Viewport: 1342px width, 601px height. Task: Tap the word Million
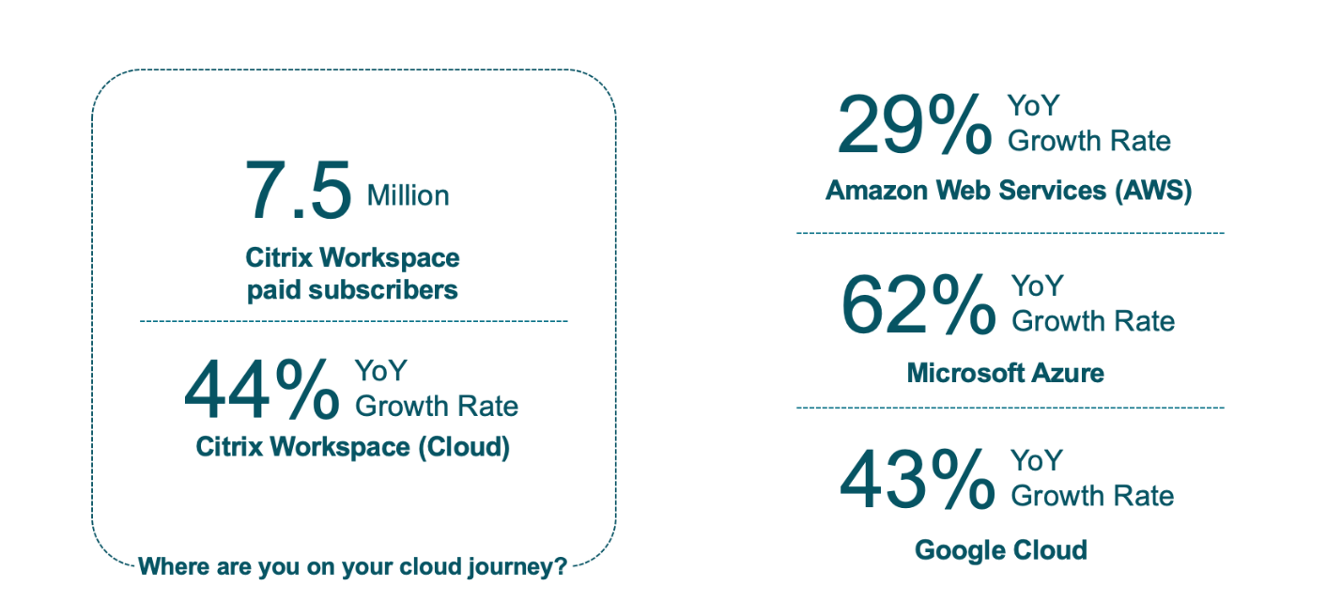(408, 195)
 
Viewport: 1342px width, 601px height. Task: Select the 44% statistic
(262, 391)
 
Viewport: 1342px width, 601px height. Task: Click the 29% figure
(914, 125)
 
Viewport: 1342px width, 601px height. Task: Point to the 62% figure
(918, 305)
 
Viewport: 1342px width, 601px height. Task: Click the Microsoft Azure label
(1005, 373)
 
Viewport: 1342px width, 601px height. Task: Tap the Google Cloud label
(1001, 549)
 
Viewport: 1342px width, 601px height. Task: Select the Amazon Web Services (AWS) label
(1009, 191)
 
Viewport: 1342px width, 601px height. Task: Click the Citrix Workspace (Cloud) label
(352, 446)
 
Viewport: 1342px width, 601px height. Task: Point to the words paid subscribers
(352, 289)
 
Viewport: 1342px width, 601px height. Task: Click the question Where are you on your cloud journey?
(352, 567)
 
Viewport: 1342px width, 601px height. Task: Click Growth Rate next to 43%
(1092, 496)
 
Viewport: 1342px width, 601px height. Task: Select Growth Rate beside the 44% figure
(437, 406)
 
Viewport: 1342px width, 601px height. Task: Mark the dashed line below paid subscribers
(353, 321)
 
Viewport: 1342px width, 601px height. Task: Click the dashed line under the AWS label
(1010, 233)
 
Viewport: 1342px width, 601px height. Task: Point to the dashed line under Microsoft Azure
(1010, 408)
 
